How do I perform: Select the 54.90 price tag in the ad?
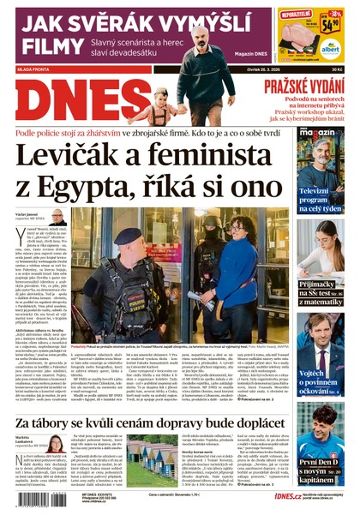[332, 23]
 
